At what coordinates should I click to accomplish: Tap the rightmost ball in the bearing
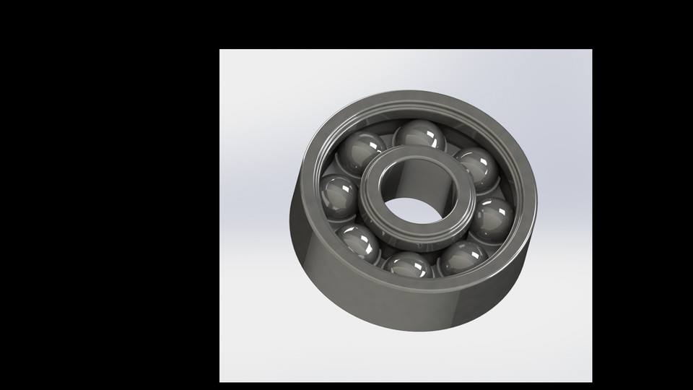pos(492,215)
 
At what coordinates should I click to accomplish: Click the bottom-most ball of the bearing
pos(409,266)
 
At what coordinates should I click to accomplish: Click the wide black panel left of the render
pos(108,195)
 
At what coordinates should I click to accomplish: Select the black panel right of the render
pos(642,195)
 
